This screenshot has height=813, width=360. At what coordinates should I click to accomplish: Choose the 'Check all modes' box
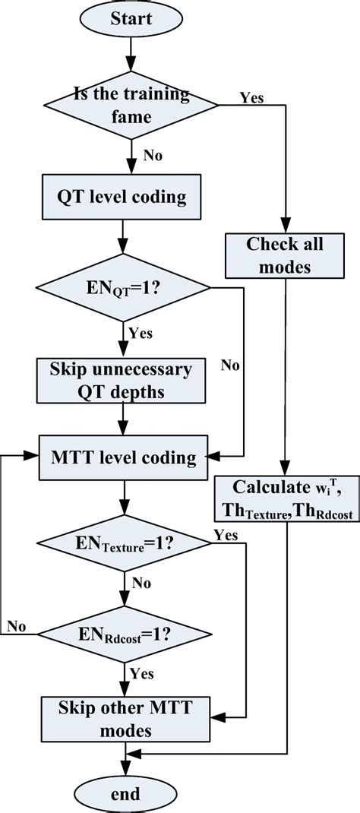(x=284, y=255)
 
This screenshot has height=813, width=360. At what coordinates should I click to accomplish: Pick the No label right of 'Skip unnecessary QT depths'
(x=230, y=366)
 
